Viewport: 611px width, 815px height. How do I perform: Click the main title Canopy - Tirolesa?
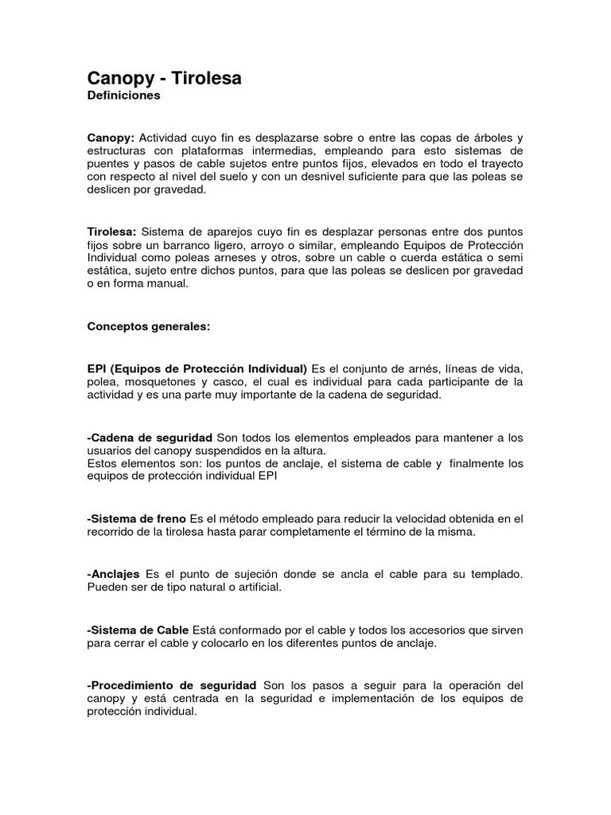click(x=164, y=78)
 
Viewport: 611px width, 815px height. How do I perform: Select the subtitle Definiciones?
click(x=123, y=96)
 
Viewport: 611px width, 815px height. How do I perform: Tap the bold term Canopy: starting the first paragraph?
click(x=111, y=138)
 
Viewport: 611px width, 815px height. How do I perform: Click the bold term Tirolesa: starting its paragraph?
click(x=112, y=231)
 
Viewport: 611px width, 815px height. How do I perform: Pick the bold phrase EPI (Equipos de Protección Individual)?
click(x=197, y=369)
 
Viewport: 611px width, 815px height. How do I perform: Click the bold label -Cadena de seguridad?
click(x=150, y=439)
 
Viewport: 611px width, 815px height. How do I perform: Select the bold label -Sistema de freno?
click(x=136, y=519)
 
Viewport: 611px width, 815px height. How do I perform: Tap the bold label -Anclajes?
click(x=113, y=574)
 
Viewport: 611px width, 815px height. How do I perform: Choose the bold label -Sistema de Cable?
click(x=138, y=630)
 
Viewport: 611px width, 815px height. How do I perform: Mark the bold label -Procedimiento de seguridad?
click(x=172, y=684)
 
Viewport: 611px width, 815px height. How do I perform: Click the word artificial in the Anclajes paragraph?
click(x=255, y=587)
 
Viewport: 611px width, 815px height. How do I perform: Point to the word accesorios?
click(x=412, y=630)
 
